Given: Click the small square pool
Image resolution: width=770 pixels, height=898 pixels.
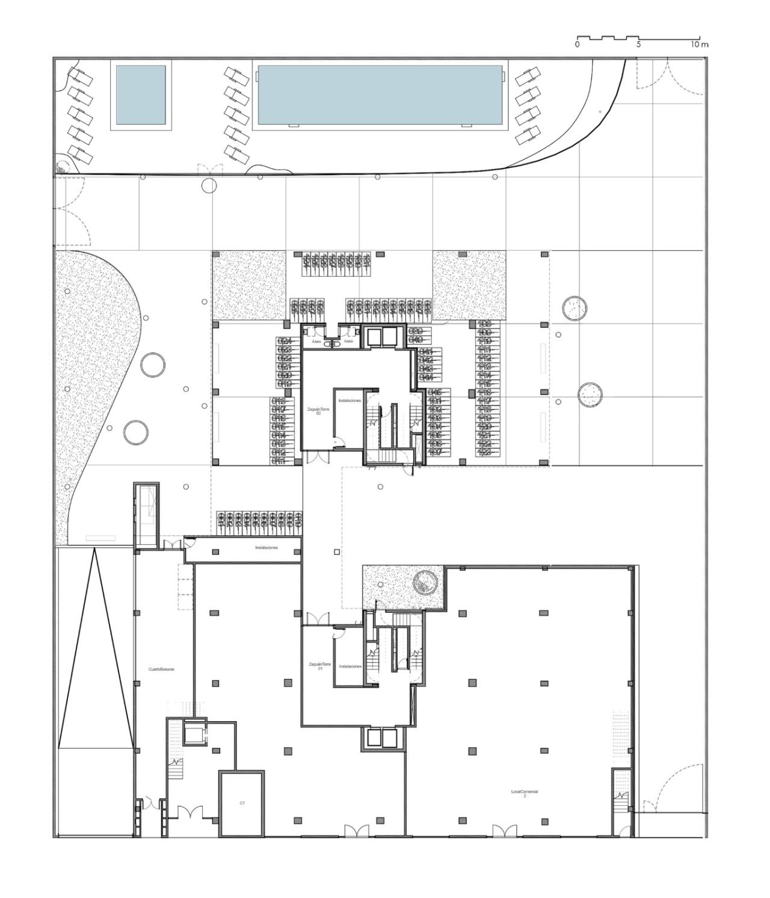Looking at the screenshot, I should (141, 95).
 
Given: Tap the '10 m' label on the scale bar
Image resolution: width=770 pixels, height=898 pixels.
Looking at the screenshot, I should (700, 45).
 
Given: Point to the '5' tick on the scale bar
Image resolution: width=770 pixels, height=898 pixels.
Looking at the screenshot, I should (638, 45).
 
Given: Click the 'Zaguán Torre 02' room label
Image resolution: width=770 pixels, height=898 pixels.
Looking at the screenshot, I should (318, 411).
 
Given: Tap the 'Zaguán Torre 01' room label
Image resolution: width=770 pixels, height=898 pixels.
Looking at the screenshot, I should (320, 666).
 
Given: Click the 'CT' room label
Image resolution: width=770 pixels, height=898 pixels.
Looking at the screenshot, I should (242, 803).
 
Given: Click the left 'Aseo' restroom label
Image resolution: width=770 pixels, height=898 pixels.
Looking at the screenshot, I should (316, 341).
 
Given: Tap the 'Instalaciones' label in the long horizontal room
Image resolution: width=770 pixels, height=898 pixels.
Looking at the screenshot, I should (266, 548).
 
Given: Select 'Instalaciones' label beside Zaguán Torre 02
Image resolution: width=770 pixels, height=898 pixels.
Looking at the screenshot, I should (350, 400).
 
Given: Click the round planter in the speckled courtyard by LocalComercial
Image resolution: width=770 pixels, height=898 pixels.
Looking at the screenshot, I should (426, 581).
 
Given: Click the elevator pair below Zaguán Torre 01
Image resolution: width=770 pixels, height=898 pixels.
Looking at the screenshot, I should (381, 738).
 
